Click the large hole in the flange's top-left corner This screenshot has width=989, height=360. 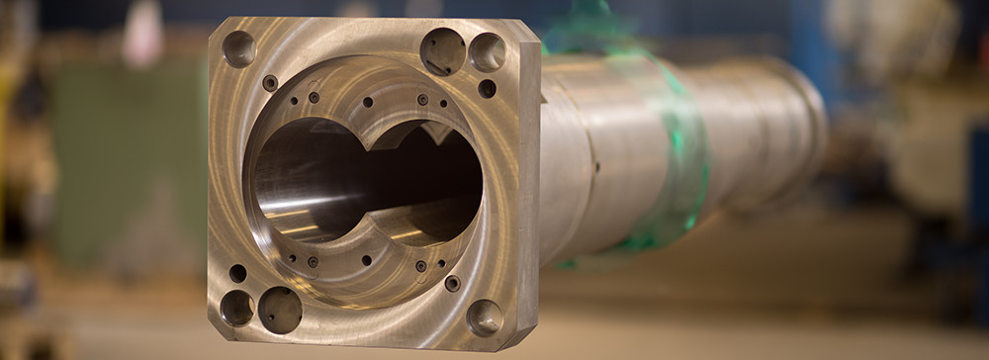[x=238, y=48]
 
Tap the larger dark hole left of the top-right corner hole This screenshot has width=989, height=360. [x=442, y=50]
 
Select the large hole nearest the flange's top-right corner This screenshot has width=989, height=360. [x=487, y=51]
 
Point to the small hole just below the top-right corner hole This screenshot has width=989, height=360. [x=487, y=88]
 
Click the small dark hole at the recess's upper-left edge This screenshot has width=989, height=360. [x=269, y=83]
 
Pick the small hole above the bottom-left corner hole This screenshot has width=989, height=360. [x=237, y=273]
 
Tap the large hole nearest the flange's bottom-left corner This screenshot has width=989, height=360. [x=236, y=308]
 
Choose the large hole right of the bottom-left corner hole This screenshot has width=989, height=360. [x=280, y=310]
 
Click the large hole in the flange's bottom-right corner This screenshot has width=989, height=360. [x=485, y=317]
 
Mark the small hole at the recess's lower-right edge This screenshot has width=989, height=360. [x=452, y=283]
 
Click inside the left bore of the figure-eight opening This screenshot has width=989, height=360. [x=307, y=183]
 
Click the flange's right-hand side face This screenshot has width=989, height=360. [x=528, y=188]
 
